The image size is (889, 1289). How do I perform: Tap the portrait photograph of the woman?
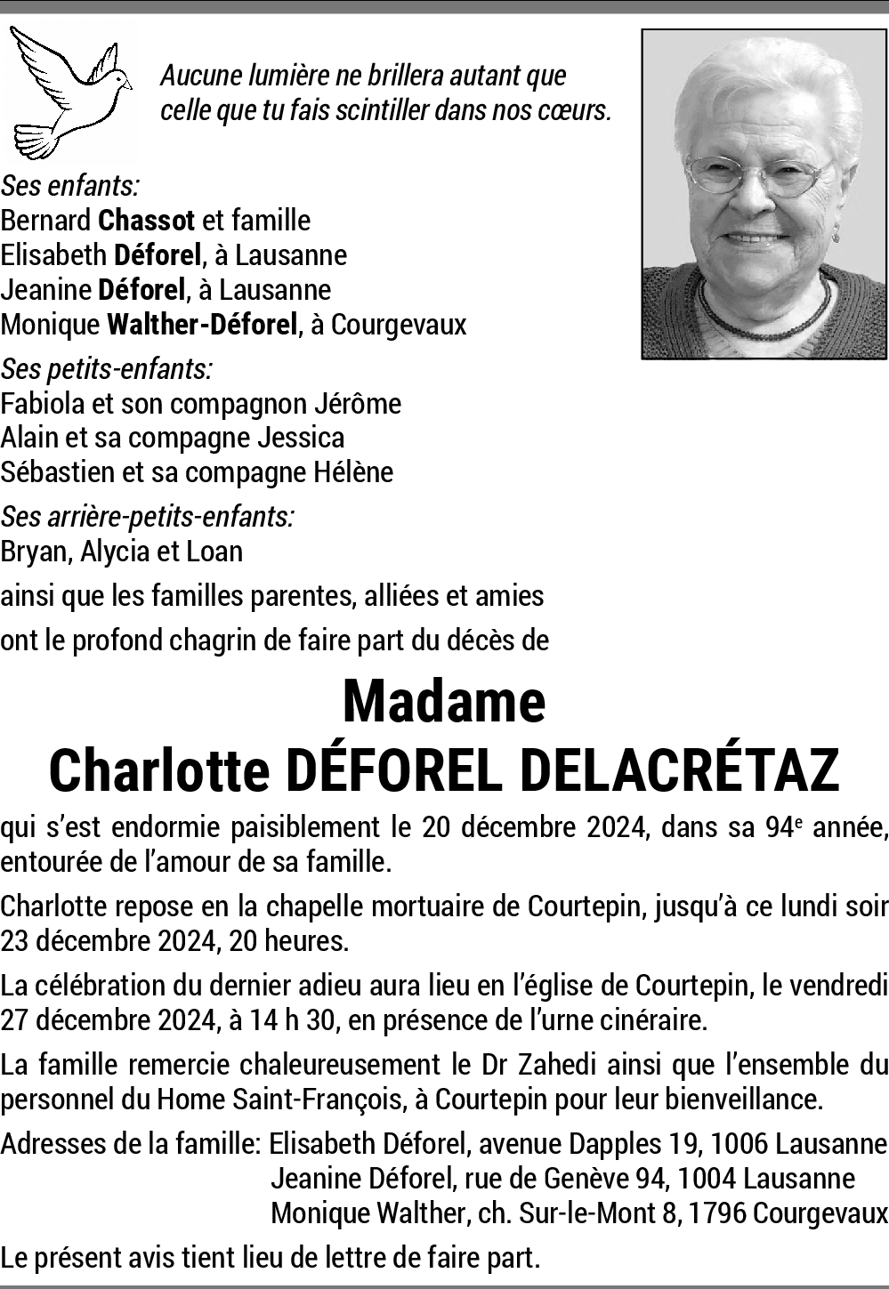[764, 194]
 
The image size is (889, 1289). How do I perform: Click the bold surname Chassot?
[147, 220]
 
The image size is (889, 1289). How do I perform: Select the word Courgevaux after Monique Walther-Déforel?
[399, 325]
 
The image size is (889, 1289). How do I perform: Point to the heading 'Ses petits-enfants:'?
[107, 368]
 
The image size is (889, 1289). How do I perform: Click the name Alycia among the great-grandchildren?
[115, 552]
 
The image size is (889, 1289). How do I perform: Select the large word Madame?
[443, 702]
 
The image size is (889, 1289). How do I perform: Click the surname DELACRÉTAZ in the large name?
[679, 770]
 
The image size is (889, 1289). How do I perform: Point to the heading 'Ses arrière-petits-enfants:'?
[148, 516]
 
